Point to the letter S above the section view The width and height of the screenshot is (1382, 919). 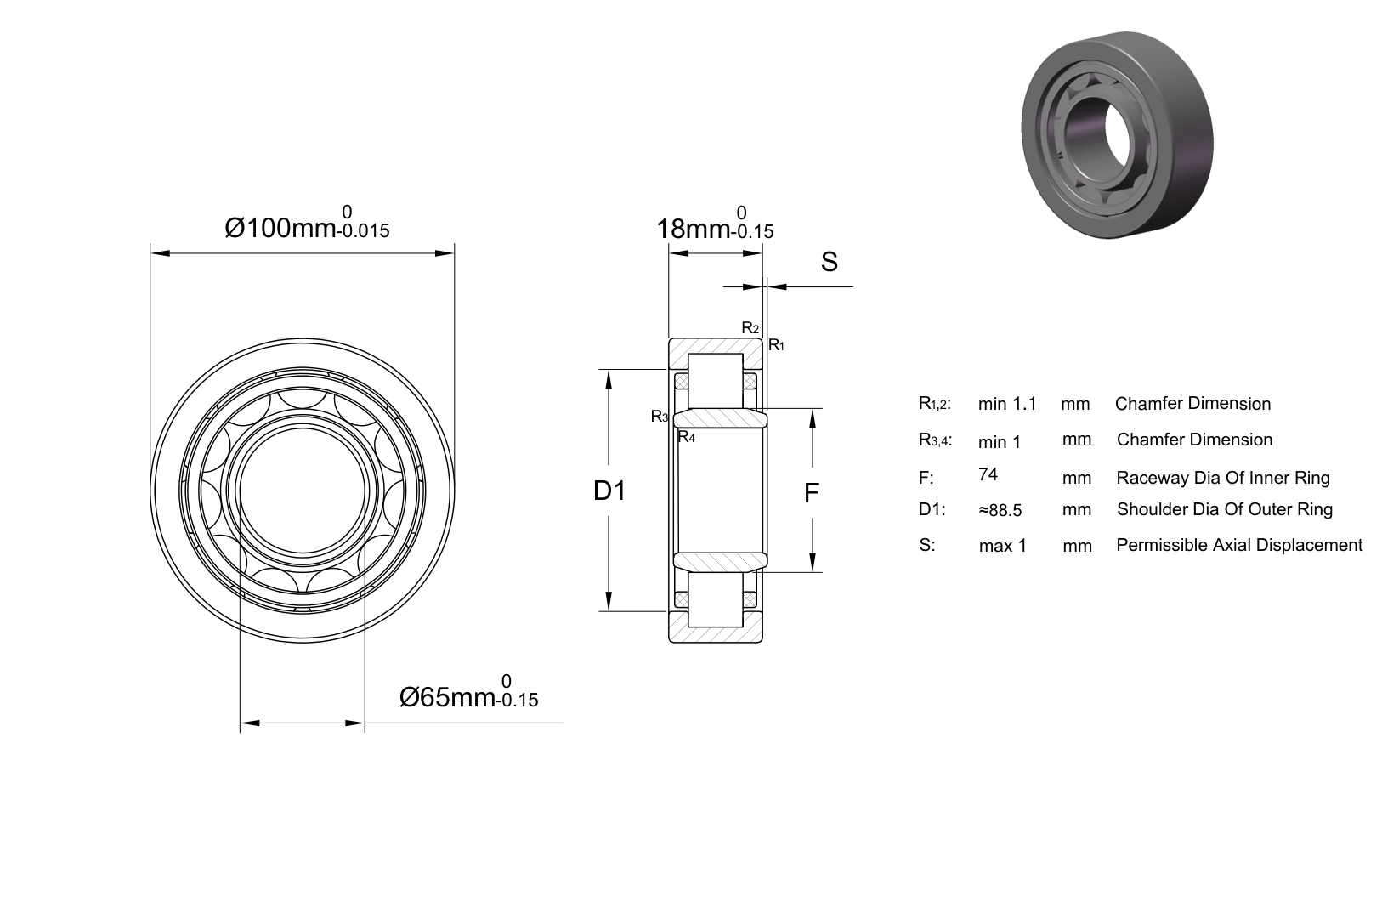pos(830,262)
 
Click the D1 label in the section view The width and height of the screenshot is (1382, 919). pos(609,491)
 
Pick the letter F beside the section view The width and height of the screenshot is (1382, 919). pos(812,493)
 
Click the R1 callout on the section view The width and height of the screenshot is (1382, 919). pos(776,345)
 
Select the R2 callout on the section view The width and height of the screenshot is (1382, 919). pos(750,328)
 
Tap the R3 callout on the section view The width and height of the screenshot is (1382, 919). pos(660,417)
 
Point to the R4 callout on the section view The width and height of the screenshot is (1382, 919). pos(686,437)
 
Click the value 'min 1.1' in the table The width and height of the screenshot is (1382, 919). pos(1007,405)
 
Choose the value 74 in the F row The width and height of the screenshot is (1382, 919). pos(988,474)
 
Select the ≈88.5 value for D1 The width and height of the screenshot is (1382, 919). pos(1000,510)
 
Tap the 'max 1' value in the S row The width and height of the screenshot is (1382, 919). pos(1003,546)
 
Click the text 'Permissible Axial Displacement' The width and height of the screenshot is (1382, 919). pos(1239,545)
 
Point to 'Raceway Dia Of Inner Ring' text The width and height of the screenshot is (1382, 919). pos(1223,478)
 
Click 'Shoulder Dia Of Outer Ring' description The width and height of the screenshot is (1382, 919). pos(1225,509)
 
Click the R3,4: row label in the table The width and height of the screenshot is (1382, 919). pos(935,440)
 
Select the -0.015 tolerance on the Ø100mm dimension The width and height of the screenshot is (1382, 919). pos(364,231)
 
